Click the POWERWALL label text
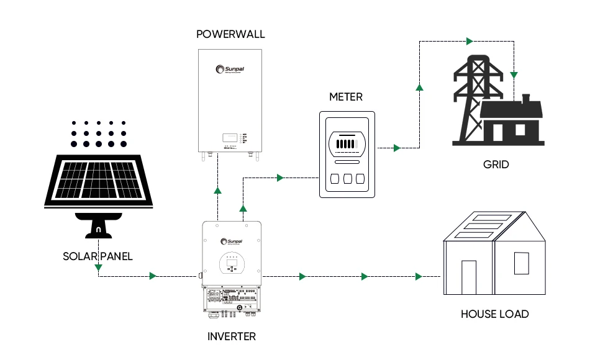click(230, 34)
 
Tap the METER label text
click(345, 97)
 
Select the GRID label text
click(496, 164)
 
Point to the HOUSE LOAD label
click(494, 314)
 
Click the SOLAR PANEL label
click(98, 256)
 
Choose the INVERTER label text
click(231, 336)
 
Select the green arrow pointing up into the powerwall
click(217, 190)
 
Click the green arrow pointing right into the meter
click(280, 178)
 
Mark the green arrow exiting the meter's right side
click(397, 148)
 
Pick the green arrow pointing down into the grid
click(514, 75)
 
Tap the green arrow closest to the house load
click(419, 276)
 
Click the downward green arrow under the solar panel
click(98, 268)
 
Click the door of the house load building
click(468, 277)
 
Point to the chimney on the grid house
click(525, 99)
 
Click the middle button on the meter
click(348, 179)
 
